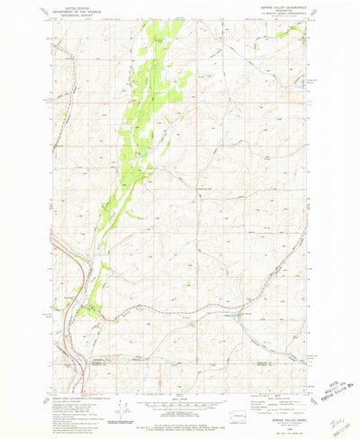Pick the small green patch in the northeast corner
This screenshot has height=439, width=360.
coord(290,32)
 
